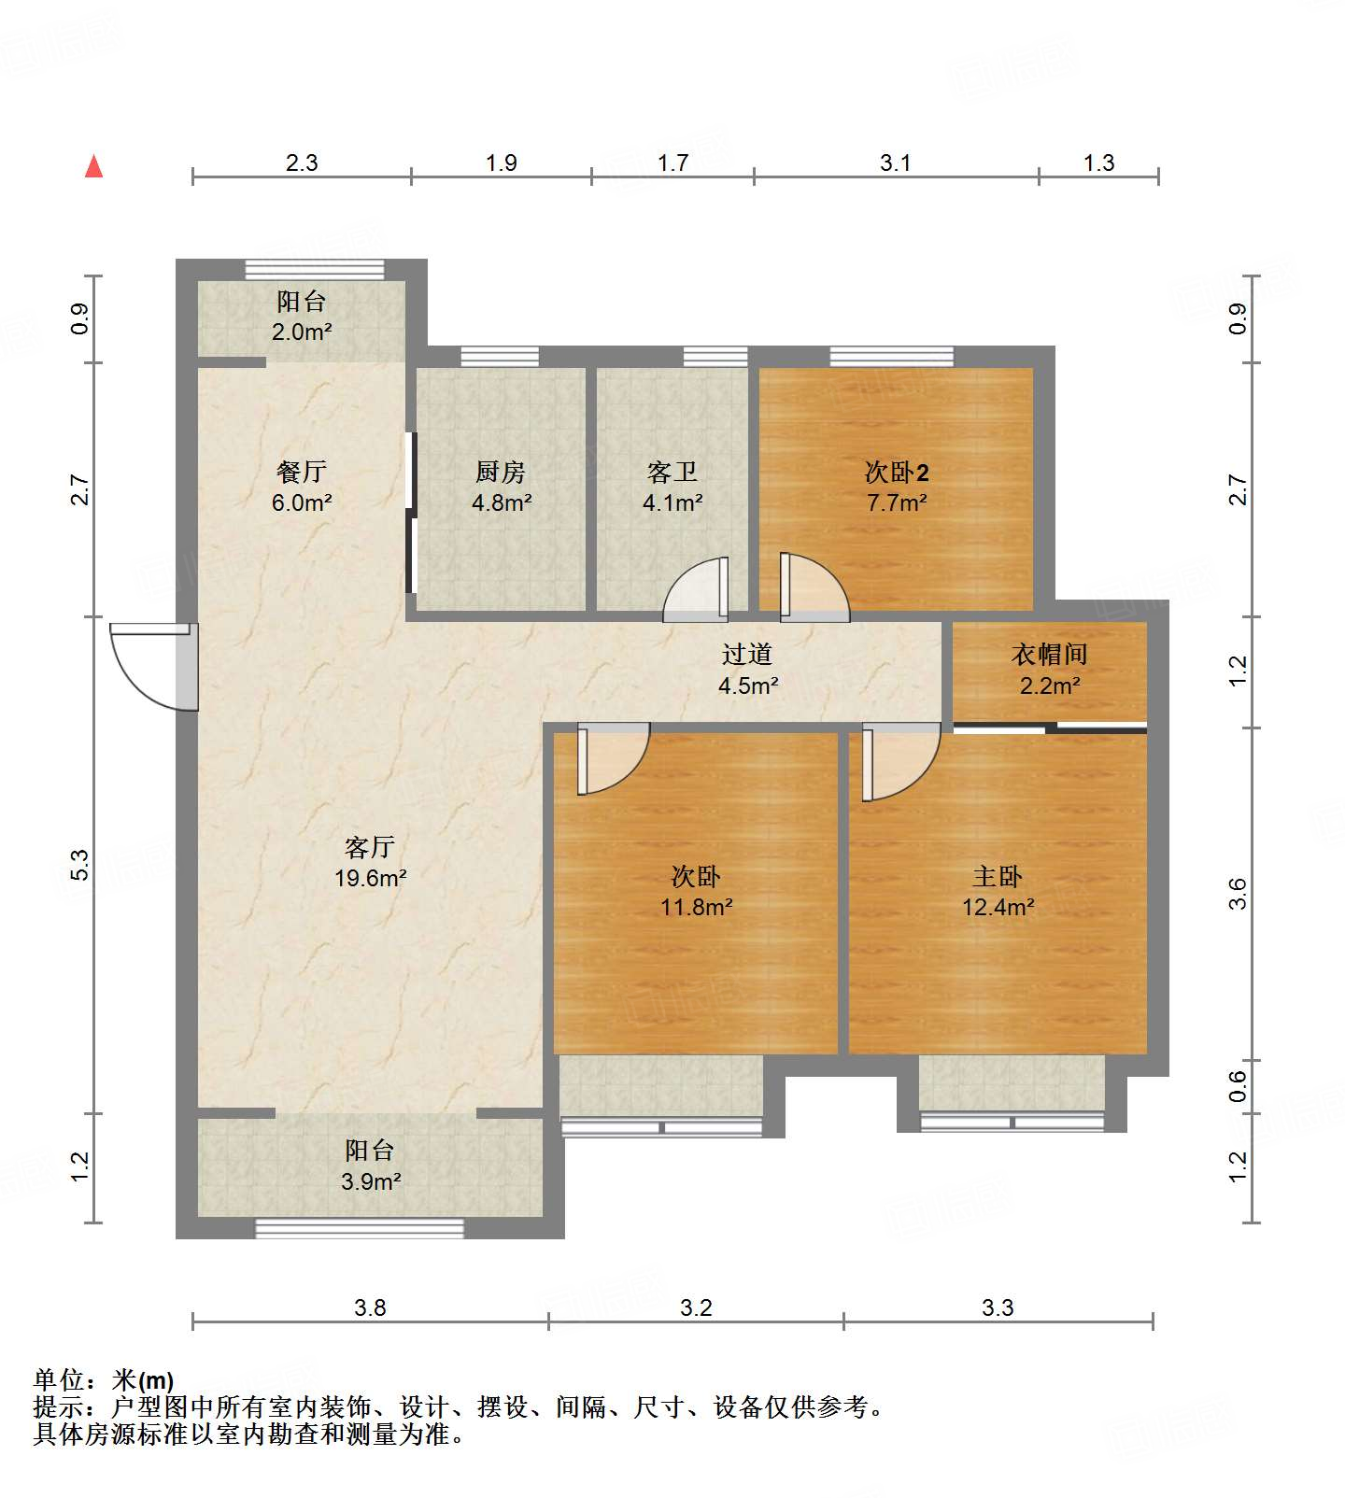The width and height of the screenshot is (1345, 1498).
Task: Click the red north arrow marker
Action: tap(93, 166)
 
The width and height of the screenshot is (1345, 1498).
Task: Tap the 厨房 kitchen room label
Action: tap(501, 472)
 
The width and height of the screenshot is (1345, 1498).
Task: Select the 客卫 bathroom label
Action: tap(672, 472)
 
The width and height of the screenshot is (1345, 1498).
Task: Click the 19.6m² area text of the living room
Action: tap(371, 878)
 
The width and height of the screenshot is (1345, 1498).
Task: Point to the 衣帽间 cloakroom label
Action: tap(1049, 655)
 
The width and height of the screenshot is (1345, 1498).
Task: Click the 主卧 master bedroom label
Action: tap(998, 876)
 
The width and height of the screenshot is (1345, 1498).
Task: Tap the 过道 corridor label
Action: tap(747, 655)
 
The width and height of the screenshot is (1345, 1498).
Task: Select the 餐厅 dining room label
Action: tap(301, 472)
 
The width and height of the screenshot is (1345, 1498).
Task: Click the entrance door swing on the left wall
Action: tap(149, 665)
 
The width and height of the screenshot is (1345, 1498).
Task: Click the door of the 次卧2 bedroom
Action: tap(813, 588)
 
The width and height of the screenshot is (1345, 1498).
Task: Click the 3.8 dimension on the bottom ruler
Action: tap(370, 1307)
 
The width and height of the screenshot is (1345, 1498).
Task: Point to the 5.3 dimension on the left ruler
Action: tap(80, 865)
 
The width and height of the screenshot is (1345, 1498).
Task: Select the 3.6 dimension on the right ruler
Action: tap(1238, 894)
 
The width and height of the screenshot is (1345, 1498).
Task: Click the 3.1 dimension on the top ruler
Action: tap(895, 163)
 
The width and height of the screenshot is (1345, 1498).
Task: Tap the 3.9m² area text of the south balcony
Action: tap(371, 1181)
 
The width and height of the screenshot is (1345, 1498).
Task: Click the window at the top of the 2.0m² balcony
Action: tap(315, 269)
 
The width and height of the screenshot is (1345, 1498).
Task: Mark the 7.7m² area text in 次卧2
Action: tap(897, 502)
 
